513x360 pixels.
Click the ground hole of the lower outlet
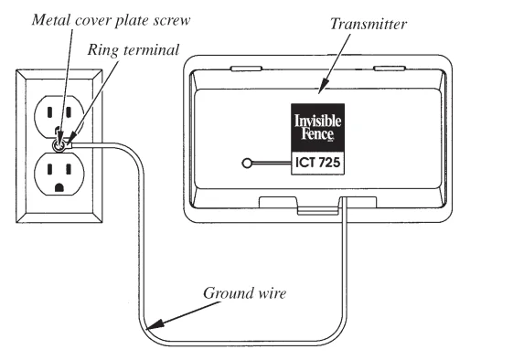(59, 188)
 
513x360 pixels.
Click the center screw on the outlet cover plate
(59, 143)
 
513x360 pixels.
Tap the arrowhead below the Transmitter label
(319, 89)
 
